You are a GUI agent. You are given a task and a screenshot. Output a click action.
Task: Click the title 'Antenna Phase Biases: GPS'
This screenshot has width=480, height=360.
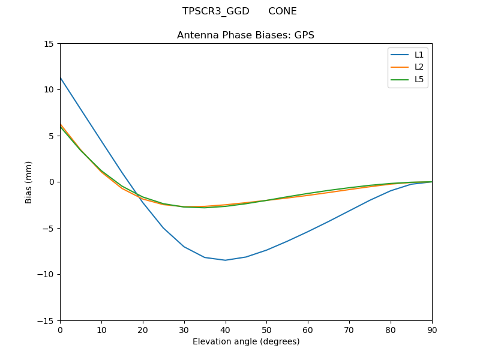click(x=245, y=35)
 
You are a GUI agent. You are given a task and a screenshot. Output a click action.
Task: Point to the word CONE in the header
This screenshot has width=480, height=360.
click(x=283, y=11)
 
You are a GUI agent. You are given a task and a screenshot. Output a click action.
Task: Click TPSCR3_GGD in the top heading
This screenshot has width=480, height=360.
click(x=216, y=11)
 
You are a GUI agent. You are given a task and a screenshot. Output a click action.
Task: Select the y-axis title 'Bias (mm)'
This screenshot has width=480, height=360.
click(x=29, y=182)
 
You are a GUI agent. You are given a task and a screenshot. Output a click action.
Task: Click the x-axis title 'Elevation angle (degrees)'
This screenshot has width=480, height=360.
click(x=246, y=341)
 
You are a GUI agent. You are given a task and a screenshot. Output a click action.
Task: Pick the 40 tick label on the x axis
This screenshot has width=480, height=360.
click(x=226, y=329)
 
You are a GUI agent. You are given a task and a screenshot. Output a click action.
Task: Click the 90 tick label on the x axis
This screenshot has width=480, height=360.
click(x=432, y=329)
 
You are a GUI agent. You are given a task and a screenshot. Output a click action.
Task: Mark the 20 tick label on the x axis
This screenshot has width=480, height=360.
click(x=143, y=329)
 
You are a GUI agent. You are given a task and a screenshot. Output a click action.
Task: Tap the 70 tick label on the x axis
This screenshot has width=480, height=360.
click(x=349, y=329)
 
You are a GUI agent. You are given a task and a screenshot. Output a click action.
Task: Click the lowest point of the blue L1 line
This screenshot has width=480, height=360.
click(x=226, y=260)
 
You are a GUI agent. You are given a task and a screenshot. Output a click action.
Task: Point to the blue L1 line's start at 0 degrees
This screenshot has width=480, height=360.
click(x=61, y=77)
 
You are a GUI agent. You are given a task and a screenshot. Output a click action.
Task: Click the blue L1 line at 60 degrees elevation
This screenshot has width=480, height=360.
click(x=308, y=232)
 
